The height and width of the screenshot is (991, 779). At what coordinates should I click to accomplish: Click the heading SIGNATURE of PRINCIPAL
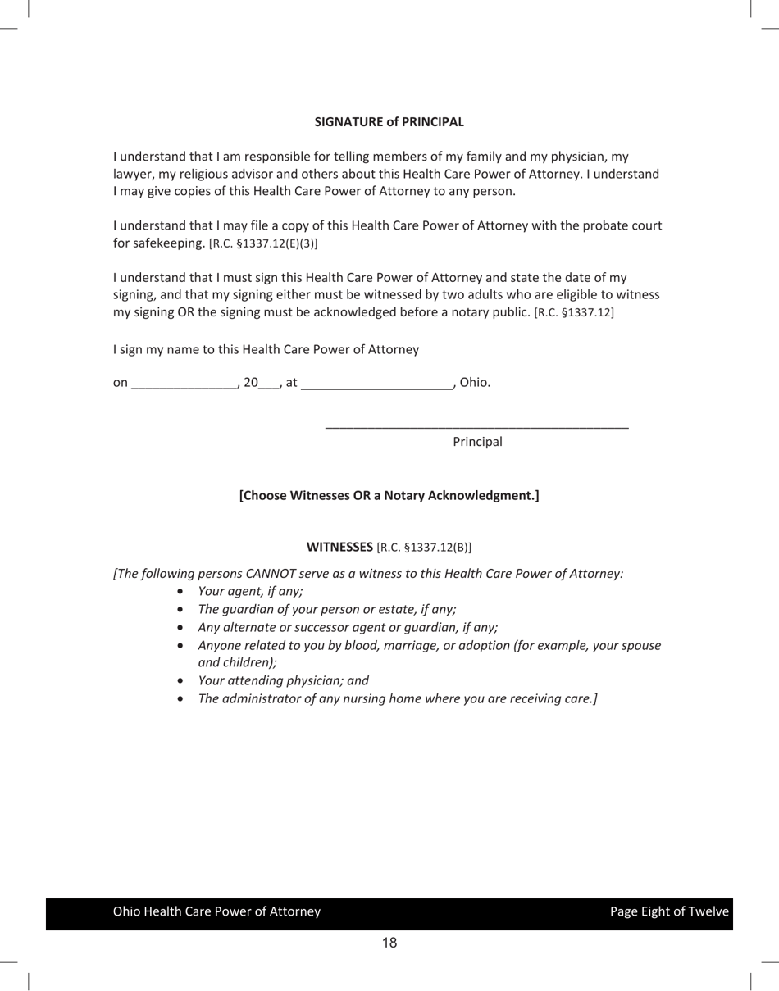coord(389,122)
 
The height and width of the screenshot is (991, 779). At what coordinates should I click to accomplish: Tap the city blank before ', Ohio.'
coord(376,383)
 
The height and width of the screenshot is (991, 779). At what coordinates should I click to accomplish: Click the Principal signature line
coord(476,425)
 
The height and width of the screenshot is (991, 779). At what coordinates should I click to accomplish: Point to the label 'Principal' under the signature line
coord(477,442)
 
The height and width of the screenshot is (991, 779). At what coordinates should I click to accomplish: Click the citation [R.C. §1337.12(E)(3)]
coord(263,243)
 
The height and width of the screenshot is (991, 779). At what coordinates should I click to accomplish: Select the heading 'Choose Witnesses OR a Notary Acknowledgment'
coord(389,495)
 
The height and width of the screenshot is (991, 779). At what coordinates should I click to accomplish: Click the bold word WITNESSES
coord(339,547)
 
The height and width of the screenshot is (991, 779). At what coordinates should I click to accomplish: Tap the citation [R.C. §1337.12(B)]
coord(424,547)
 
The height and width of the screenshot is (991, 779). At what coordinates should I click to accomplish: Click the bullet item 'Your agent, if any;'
coord(250,591)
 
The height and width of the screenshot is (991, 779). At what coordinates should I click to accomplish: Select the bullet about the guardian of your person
coord(326,609)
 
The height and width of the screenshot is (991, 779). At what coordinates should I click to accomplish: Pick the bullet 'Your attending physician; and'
coord(283,680)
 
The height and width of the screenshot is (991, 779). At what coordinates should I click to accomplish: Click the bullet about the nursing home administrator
coord(398,698)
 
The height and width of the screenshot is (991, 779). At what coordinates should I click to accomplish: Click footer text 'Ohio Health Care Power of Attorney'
coord(216,911)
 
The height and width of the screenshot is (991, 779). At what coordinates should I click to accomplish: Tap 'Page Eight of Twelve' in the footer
coord(668,911)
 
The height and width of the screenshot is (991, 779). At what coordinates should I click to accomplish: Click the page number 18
coord(389,943)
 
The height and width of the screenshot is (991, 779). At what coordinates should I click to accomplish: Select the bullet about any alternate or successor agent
coord(348,627)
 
